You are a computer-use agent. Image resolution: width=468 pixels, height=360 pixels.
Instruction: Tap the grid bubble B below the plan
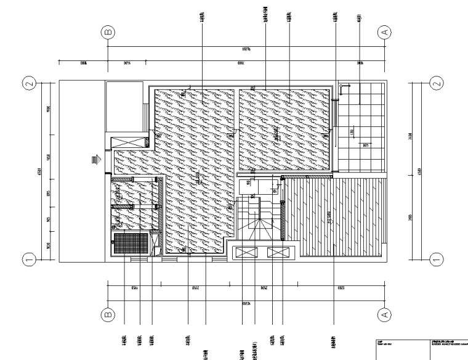tap(109, 314)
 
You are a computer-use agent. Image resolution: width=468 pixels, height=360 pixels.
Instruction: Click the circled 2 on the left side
tap(28, 82)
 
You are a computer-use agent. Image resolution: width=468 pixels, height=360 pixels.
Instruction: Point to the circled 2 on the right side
tap(437, 82)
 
